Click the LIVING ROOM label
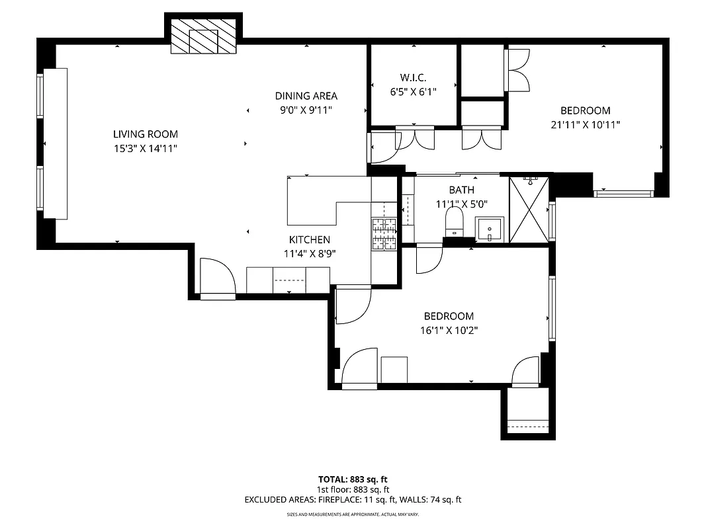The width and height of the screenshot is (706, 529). (145, 134)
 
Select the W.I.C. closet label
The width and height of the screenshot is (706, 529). (413, 78)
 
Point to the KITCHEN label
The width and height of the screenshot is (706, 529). (309, 239)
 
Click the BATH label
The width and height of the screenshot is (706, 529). (461, 190)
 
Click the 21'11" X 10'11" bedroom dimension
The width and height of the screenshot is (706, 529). (585, 124)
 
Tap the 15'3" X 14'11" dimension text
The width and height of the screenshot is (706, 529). (145, 149)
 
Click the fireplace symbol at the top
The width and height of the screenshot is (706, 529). (203, 36)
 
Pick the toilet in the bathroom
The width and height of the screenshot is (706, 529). (455, 221)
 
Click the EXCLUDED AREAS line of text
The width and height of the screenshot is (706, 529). (353, 500)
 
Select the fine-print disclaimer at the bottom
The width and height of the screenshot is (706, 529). (353, 514)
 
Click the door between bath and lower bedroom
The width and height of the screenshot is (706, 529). (429, 259)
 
